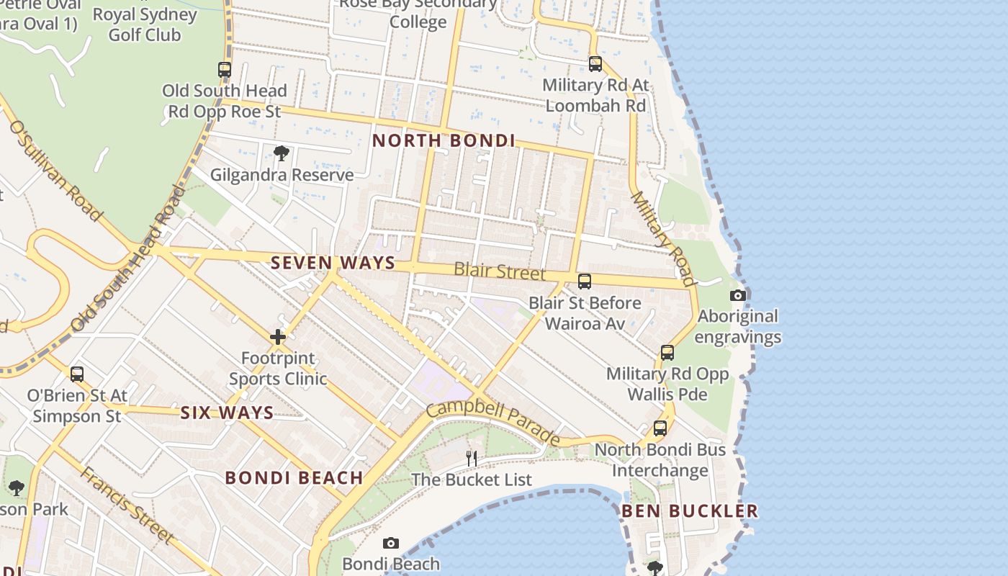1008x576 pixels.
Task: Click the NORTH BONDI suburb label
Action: (x=444, y=141)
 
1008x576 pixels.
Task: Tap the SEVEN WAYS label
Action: (x=333, y=264)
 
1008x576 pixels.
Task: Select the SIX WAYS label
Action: (x=227, y=413)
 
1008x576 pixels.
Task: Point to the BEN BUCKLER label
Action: (x=689, y=511)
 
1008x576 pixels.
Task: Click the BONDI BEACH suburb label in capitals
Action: (x=294, y=478)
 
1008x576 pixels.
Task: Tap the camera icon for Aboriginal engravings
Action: (x=737, y=295)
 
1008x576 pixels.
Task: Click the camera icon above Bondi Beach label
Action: (x=390, y=543)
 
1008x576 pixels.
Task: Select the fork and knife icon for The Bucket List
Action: (x=471, y=458)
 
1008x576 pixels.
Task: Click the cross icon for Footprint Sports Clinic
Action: (x=278, y=337)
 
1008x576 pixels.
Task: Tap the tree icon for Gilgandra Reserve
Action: (x=282, y=153)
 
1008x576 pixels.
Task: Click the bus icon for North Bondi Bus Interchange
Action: (x=660, y=428)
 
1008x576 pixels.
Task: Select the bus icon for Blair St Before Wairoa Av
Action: (x=585, y=282)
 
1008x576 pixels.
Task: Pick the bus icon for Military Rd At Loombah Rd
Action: (x=595, y=64)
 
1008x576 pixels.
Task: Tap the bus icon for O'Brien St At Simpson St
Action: (x=77, y=374)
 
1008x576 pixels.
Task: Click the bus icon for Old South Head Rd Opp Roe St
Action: (x=225, y=70)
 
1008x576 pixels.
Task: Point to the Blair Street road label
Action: (x=500, y=272)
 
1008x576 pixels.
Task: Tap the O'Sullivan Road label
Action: (x=53, y=170)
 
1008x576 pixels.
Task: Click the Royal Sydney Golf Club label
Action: (x=145, y=24)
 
